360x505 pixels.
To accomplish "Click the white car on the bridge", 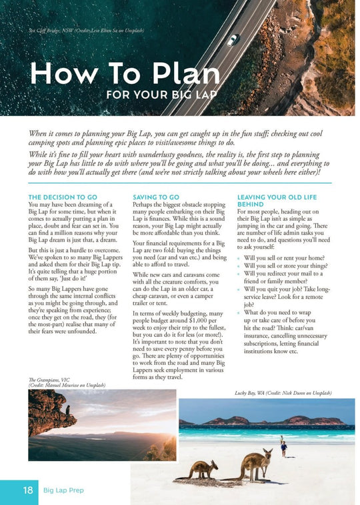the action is coord(233,40).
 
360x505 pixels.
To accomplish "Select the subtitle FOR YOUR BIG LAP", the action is coord(161,94).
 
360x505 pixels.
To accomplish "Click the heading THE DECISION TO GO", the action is coord(63,197).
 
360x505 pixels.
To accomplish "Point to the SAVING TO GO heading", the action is coord(156,197).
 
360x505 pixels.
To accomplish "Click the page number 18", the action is coord(28,490).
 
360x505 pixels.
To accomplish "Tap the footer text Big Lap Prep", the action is coord(64,490).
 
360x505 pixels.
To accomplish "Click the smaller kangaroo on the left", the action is coord(201,469).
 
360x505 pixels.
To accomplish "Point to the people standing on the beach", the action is coord(283,445).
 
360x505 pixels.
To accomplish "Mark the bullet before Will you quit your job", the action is coord(240,290).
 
